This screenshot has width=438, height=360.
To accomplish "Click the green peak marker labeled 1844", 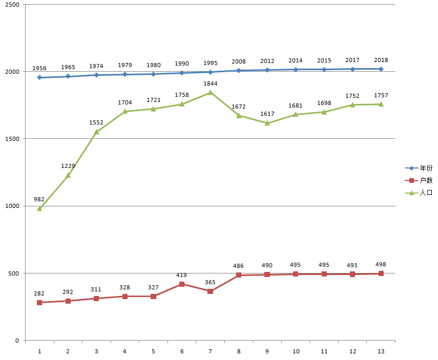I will (x=210, y=93).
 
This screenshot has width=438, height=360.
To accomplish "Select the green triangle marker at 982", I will (x=39, y=208).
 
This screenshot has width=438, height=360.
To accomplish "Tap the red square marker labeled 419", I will (x=182, y=284).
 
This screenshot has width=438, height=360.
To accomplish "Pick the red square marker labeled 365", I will (x=210, y=291).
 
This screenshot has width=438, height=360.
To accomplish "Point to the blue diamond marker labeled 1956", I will (x=39, y=77).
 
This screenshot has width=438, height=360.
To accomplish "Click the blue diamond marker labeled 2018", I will (x=381, y=69).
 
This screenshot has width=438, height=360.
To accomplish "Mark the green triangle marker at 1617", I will (x=267, y=123).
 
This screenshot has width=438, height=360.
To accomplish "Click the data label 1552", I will (x=96, y=122).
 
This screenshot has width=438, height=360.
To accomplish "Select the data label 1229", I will (x=68, y=165).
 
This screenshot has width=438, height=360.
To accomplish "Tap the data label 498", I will (x=381, y=264).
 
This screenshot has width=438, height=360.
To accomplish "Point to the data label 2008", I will (x=238, y=61).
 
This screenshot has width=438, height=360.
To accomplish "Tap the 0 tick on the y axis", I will (x=17, y=341).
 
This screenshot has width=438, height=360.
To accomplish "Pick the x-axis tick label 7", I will (x=210, y=351).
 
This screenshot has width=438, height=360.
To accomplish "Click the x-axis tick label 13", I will (x=381, y=351).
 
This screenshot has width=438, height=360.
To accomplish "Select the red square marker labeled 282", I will (x=39, y=303).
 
